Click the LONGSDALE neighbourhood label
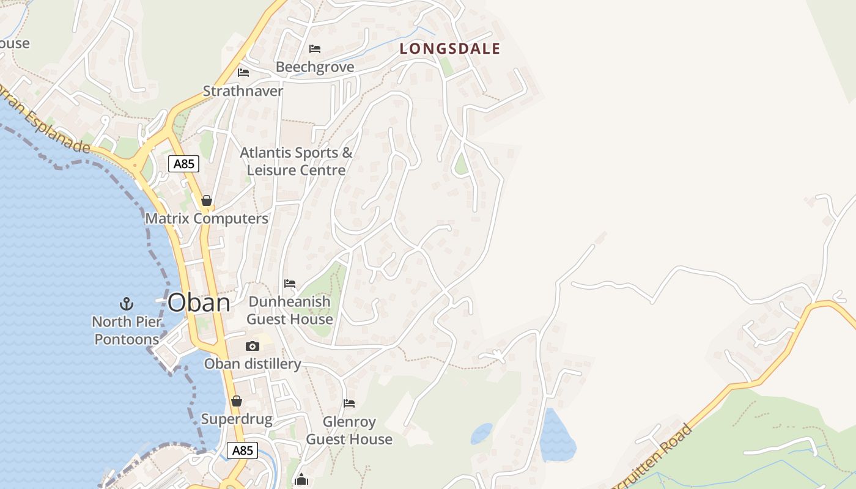(450, 49)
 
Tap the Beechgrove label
(315, 67)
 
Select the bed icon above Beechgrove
(315, 49)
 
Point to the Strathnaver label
(243, 91)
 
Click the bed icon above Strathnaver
(243, 73)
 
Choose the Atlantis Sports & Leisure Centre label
(297, 161)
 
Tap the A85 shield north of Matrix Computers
(183, 164)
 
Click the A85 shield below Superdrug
(242, 450)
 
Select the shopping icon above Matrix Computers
(207, 200)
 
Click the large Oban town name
(199, 303)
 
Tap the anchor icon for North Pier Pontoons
(126, 303)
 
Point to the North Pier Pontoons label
(127, 330)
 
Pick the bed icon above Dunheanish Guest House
(290, 284)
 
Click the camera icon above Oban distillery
(252, 347)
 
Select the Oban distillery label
(253, 364)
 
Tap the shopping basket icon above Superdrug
(237, 401)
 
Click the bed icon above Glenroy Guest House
(349, 403)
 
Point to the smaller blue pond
(481, 433)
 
